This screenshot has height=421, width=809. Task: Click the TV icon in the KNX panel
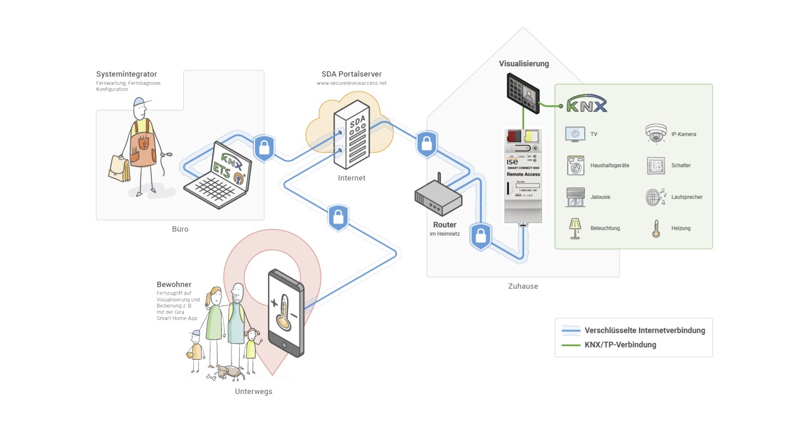click(575, 134)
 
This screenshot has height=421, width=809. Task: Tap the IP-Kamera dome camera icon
click(656, 134)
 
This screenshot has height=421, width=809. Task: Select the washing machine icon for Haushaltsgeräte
click(575, 166)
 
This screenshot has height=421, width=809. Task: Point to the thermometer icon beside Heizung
click(656, 228)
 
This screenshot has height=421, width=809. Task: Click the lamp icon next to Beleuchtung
click(575, 228)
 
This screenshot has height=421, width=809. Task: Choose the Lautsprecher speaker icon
click(656, 197)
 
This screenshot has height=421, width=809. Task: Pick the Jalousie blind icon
click(575, 197)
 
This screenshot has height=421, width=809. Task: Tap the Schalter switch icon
click(656, 166)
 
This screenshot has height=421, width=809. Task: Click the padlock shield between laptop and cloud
click(263, 148)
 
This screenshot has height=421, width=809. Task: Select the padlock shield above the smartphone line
click(338, 218)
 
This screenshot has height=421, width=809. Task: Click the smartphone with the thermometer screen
click(285, 313)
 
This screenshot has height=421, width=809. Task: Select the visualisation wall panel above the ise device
click(522, 90)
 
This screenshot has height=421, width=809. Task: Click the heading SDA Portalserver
click(352, 74)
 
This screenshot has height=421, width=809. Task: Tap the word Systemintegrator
click(126, 74)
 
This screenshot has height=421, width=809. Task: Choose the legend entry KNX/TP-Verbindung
click(620, 345)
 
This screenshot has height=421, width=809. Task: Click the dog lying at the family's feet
click(228, 372)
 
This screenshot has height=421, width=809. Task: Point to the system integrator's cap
click(143, 102)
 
